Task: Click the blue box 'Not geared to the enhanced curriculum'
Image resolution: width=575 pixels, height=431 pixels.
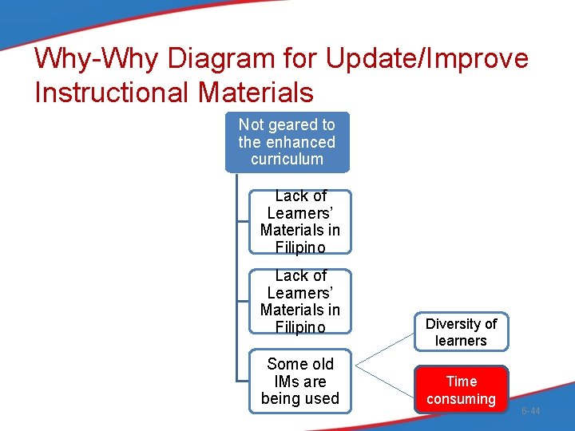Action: tap(287, 142)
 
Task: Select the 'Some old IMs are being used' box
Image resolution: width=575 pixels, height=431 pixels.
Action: tap(300, 382)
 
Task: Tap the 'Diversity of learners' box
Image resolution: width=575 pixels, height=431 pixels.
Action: tap(461, 332)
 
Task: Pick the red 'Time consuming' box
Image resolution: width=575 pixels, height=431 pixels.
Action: tap(461, 389)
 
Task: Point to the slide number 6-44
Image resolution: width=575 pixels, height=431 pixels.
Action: tap(530, 411)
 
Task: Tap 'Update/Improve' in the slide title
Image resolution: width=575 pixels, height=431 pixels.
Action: tap(424, 59)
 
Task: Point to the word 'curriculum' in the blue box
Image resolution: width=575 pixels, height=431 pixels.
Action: tap(287, 159)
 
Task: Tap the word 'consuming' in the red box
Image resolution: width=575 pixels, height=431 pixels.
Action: tap(461, 398)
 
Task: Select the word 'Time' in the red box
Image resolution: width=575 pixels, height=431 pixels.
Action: tap(461, 382)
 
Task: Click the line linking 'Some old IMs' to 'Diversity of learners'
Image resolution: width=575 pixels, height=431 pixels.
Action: tap(384, 350)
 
